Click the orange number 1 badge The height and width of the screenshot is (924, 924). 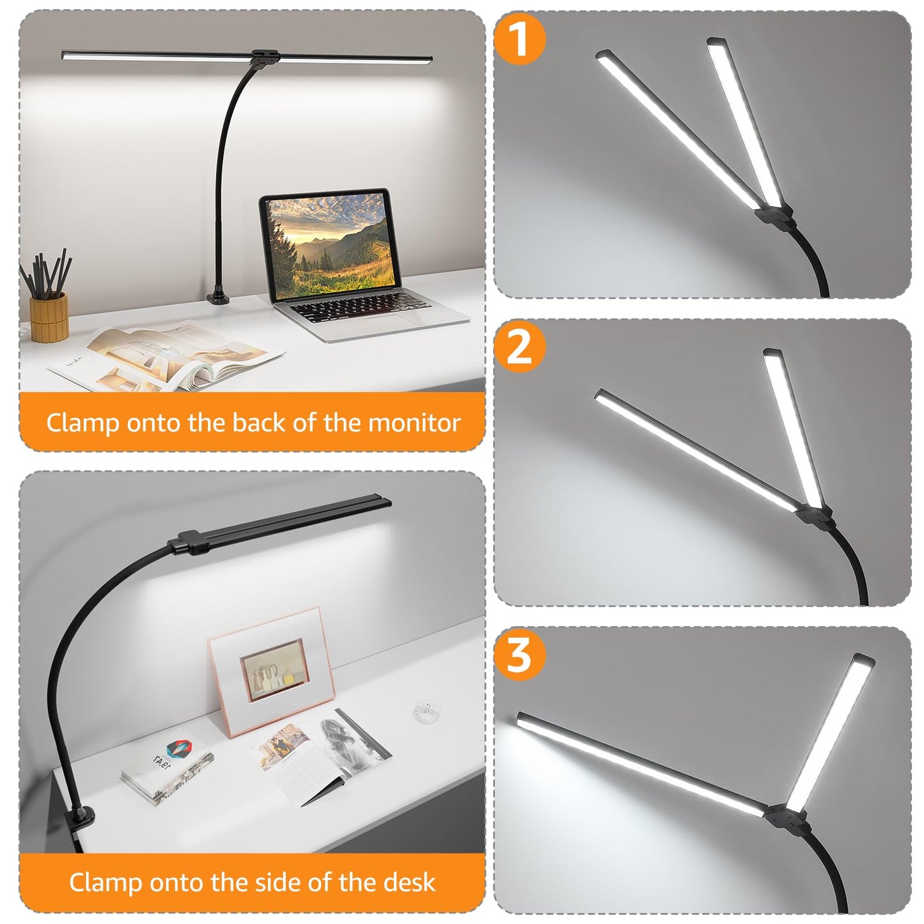coord(520,39)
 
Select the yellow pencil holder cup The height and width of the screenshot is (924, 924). coord(49,317)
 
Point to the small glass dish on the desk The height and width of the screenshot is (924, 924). coord(427,711)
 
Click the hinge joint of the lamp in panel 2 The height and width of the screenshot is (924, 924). coord(813,515)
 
